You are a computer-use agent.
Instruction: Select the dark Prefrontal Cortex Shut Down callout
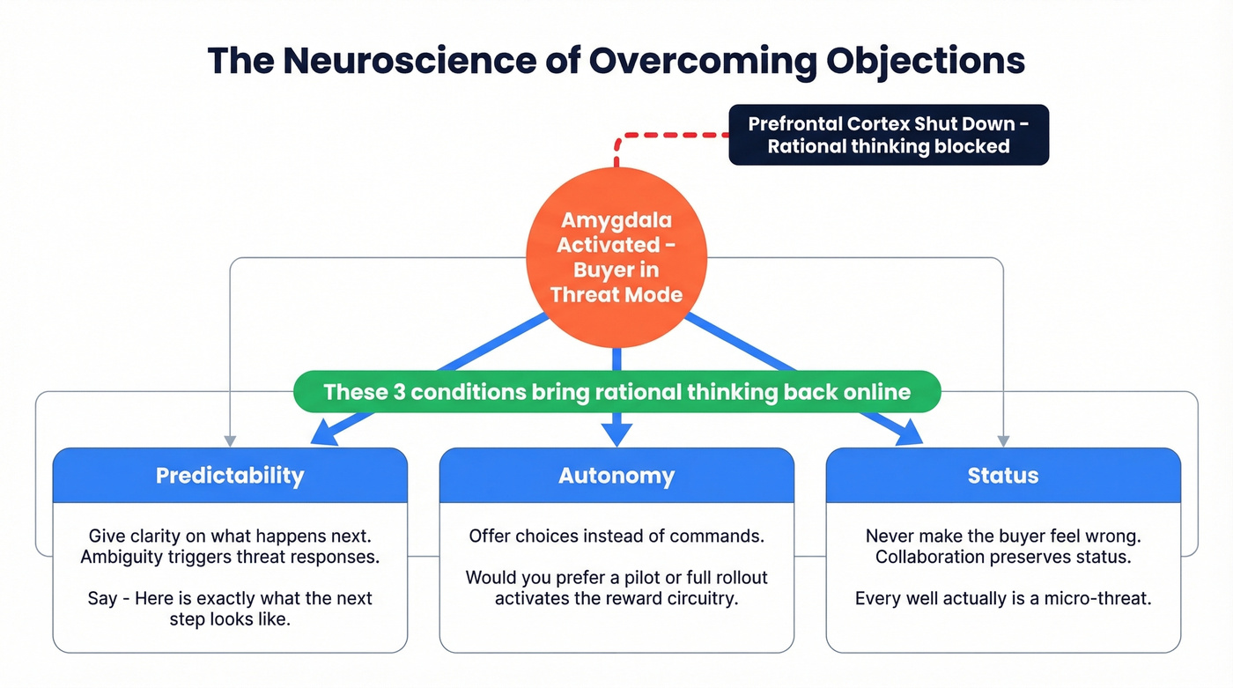coord(889,135)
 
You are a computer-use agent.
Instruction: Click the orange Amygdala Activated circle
coord(616,256)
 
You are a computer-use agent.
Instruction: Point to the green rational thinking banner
coord(616,392)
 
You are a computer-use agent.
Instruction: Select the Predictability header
coord(230,476)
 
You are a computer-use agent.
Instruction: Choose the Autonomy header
coord(616,476)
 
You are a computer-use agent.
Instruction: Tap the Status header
coord(1003,476)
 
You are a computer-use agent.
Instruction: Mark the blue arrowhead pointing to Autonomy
coord(616,434)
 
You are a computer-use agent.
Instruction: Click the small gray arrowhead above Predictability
coord(230,441)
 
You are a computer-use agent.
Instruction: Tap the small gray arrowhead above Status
coord(1003,441)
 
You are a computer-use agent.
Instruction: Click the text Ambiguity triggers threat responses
coord(230,557)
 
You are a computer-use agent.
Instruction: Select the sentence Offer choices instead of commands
coord(616,536)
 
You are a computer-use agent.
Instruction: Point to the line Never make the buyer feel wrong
coord(1003,536)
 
